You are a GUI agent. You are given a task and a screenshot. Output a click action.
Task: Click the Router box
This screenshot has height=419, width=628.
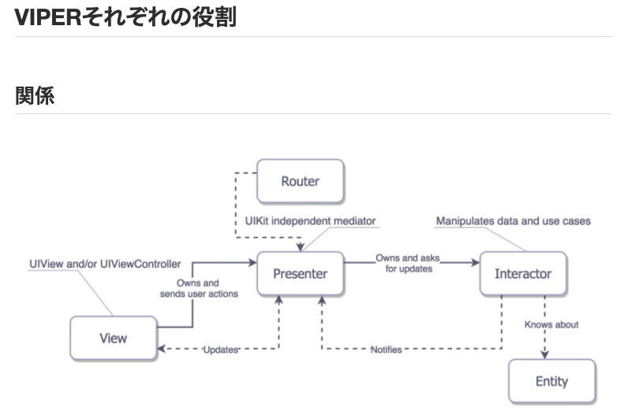pos(301,181)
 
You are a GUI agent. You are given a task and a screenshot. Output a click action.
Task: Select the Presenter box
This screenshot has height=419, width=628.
pos(300,274)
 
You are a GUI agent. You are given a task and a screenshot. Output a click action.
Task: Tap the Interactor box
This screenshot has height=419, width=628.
pos(522,274)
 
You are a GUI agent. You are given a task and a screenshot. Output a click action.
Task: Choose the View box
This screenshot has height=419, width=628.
pos(113,338)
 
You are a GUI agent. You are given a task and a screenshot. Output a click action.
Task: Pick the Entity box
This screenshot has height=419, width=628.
pos(551,381)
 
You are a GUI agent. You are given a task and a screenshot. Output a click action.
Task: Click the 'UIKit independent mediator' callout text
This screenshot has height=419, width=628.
pos(310,221)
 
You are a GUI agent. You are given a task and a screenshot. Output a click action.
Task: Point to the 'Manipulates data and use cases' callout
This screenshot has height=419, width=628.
pos(513,221)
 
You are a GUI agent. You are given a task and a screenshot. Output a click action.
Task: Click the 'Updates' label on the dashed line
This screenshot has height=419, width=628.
pos(220,349)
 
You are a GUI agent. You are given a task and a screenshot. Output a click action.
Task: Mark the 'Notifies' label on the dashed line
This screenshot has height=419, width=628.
pos(386,349)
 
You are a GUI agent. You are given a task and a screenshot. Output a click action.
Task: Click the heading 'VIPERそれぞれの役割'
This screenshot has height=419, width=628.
pos(125,17)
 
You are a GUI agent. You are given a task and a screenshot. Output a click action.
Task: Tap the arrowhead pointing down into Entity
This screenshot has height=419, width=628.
pos(545,354)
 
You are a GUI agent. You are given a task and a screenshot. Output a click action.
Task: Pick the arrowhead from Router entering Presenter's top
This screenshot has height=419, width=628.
pos(301,247)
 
